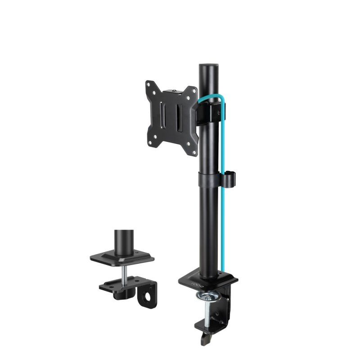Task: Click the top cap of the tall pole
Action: point(208,66)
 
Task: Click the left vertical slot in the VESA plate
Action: point(164,118)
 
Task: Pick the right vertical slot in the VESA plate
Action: point(179,119)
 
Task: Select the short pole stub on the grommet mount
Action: point(123,243)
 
